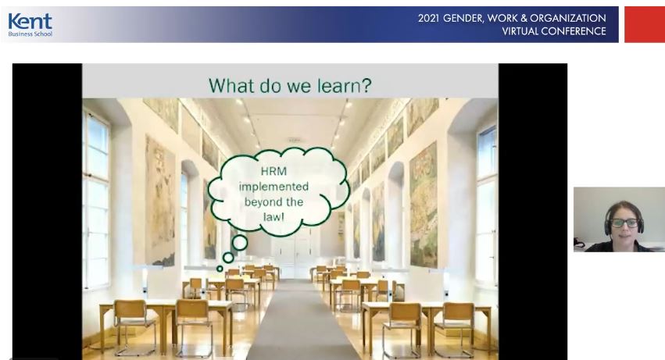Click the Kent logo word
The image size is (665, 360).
(x=30, y=21)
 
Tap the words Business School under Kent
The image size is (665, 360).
(x=30, y=34)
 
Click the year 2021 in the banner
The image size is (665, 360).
(x=428, y=18)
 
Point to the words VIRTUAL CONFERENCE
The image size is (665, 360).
(x=554, y=31)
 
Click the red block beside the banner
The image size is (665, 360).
(x=645, y=24)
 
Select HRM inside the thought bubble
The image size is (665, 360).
(x=274, y=171)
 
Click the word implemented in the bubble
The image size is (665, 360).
(x=274, y=187)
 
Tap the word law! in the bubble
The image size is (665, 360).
(x=274, y=217)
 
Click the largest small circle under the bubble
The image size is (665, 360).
(x=240, y=243)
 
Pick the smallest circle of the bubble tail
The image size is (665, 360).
(x=220, y=269)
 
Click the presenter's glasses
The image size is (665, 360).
(x=624, y=223)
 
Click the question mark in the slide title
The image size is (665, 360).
(x=366, y=85)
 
